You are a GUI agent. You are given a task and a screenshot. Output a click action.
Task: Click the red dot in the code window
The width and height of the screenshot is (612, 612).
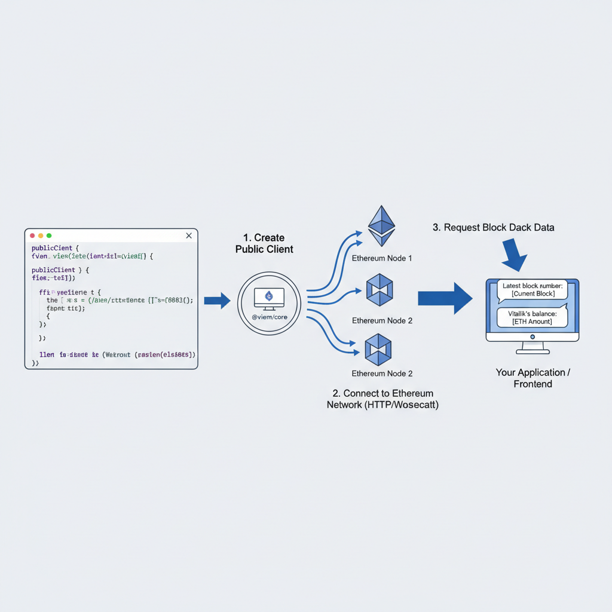(x=32, y=236)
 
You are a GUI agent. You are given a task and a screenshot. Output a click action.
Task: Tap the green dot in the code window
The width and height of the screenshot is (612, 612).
(x=49, y=236)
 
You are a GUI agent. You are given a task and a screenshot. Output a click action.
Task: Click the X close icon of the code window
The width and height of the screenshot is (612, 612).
(x=189, y=236)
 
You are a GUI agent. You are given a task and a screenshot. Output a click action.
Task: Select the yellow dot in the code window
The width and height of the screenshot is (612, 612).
(x=41, y=236)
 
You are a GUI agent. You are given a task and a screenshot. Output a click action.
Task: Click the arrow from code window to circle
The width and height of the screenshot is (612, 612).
(x=217, y=301)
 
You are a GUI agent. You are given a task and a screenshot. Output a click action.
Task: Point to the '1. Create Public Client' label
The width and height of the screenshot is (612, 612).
(x=264, y=243)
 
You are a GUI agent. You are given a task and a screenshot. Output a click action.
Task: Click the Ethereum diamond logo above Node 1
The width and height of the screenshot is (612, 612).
(x=381, y=227)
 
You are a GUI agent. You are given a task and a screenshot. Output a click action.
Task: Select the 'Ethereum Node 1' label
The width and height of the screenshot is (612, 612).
(x=382, y=259)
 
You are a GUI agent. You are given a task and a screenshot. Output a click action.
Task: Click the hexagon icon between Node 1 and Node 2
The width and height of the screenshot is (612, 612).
(x=378, y=290)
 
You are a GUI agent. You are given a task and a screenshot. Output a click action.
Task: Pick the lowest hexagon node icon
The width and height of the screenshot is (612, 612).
(x=378, y=349)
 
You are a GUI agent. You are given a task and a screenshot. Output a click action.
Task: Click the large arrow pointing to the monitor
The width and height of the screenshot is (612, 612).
(x=445, y=298)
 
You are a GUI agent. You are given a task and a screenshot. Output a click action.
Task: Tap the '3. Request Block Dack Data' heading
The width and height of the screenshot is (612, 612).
(x=493, y=228)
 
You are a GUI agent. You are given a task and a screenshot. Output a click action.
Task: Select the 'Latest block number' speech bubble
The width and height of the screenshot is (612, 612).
(x=532, y=290)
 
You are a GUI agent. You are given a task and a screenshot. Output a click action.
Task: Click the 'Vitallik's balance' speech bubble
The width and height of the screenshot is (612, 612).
(x=532, y=317)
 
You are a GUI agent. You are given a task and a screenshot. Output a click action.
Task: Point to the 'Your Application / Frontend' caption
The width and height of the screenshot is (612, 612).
(x=533, y=378)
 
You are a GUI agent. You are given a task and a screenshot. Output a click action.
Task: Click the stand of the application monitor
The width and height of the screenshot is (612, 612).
(x=533, y=348)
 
